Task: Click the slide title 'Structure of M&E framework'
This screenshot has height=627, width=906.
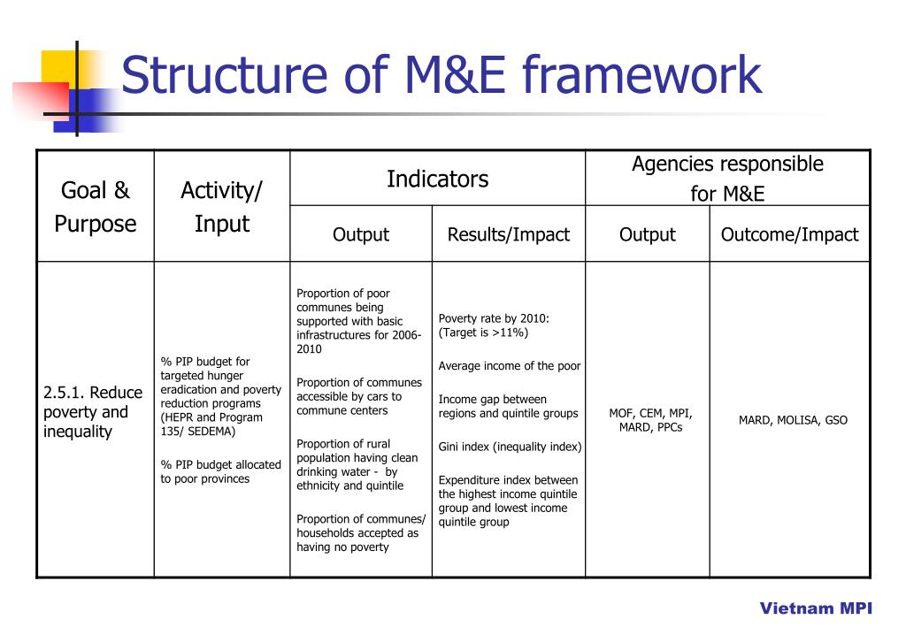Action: point(441,75)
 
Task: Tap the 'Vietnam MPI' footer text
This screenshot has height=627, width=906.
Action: point(816,608)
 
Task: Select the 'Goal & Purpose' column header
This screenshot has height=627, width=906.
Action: point(96,207)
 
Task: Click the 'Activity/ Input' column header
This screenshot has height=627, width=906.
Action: point(221,207)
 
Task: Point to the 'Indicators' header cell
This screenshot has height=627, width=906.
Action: point(437,179)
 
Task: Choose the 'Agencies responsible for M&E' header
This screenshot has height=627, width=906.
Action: point(727,179)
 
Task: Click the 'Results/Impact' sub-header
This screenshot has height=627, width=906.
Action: point(508,234)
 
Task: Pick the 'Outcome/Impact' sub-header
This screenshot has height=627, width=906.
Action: point(789,234)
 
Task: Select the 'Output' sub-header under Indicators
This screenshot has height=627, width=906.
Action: point(360,234)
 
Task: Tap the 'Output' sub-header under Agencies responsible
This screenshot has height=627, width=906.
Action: point(647,234)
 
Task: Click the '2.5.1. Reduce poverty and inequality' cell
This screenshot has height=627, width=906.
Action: point(92,412)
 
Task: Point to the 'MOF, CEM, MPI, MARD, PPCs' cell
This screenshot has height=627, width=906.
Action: point(650,420)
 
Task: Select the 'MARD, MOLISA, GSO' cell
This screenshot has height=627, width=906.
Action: point(793,420)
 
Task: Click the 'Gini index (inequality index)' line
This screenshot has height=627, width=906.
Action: point(510,447)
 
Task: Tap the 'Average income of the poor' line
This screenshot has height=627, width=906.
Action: point(510,366)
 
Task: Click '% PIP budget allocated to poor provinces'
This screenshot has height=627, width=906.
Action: point(220,471)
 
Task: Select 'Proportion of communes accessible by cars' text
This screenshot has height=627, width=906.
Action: point(359,396)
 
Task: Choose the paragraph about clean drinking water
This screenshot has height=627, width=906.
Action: point(357,464)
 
